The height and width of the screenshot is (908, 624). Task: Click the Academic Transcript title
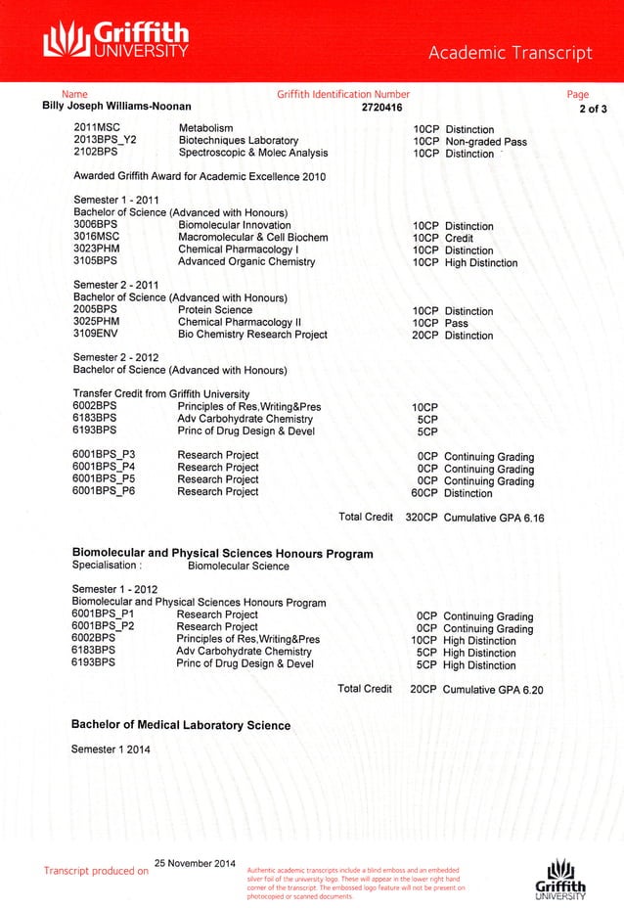click(511, 53)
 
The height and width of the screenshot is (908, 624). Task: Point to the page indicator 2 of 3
click(594, 108)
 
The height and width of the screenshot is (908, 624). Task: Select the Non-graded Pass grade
click(485, 142)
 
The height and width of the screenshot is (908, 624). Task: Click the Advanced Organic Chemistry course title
click(245, 262)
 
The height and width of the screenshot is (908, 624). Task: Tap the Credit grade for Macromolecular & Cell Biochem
click(459, 238)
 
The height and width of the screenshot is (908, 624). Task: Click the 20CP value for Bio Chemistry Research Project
click(424, 336)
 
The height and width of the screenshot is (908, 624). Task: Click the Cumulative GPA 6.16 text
click(493, 518)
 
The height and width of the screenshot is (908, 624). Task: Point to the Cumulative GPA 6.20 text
click(493, 690)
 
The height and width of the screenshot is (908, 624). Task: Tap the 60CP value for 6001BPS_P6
click(424, 493)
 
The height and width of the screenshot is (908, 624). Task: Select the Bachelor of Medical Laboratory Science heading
click(181, 726)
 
